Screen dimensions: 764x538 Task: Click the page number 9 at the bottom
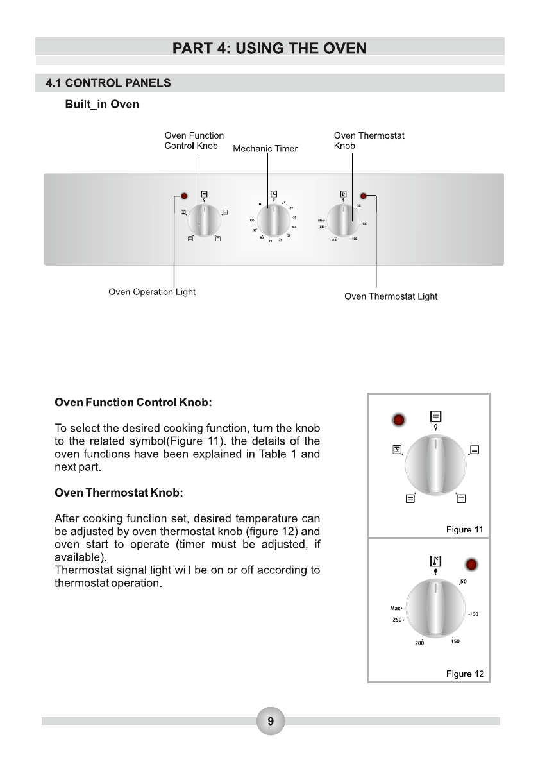click(270, 722)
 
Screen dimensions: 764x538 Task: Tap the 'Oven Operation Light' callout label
click(152, 292)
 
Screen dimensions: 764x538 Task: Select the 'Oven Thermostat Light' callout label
click(391, 296)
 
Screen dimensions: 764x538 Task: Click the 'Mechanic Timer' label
click(265, 149)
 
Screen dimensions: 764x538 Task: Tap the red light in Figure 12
click(471, 565)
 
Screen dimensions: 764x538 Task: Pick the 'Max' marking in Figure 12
click(394, 609)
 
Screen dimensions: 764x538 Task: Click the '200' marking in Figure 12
click(419, 643)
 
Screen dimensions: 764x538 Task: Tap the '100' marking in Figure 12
click(473, 615)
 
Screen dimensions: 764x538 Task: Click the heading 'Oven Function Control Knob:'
click(133, 403)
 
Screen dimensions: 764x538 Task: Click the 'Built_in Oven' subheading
click(102, 105)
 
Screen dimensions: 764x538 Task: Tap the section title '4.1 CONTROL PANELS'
click(108, 83)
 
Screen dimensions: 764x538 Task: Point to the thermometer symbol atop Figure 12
click(435, 561)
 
